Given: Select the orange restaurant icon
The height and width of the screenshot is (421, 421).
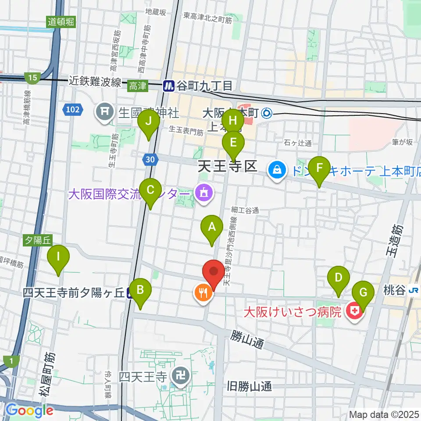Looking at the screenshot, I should click(203, 293).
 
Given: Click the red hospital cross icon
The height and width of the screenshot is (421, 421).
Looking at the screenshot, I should click(354, 312).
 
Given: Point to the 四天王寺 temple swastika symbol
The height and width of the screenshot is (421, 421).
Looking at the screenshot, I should click(180, 375).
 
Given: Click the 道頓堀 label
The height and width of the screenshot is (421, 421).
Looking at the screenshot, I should click(61, 21).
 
